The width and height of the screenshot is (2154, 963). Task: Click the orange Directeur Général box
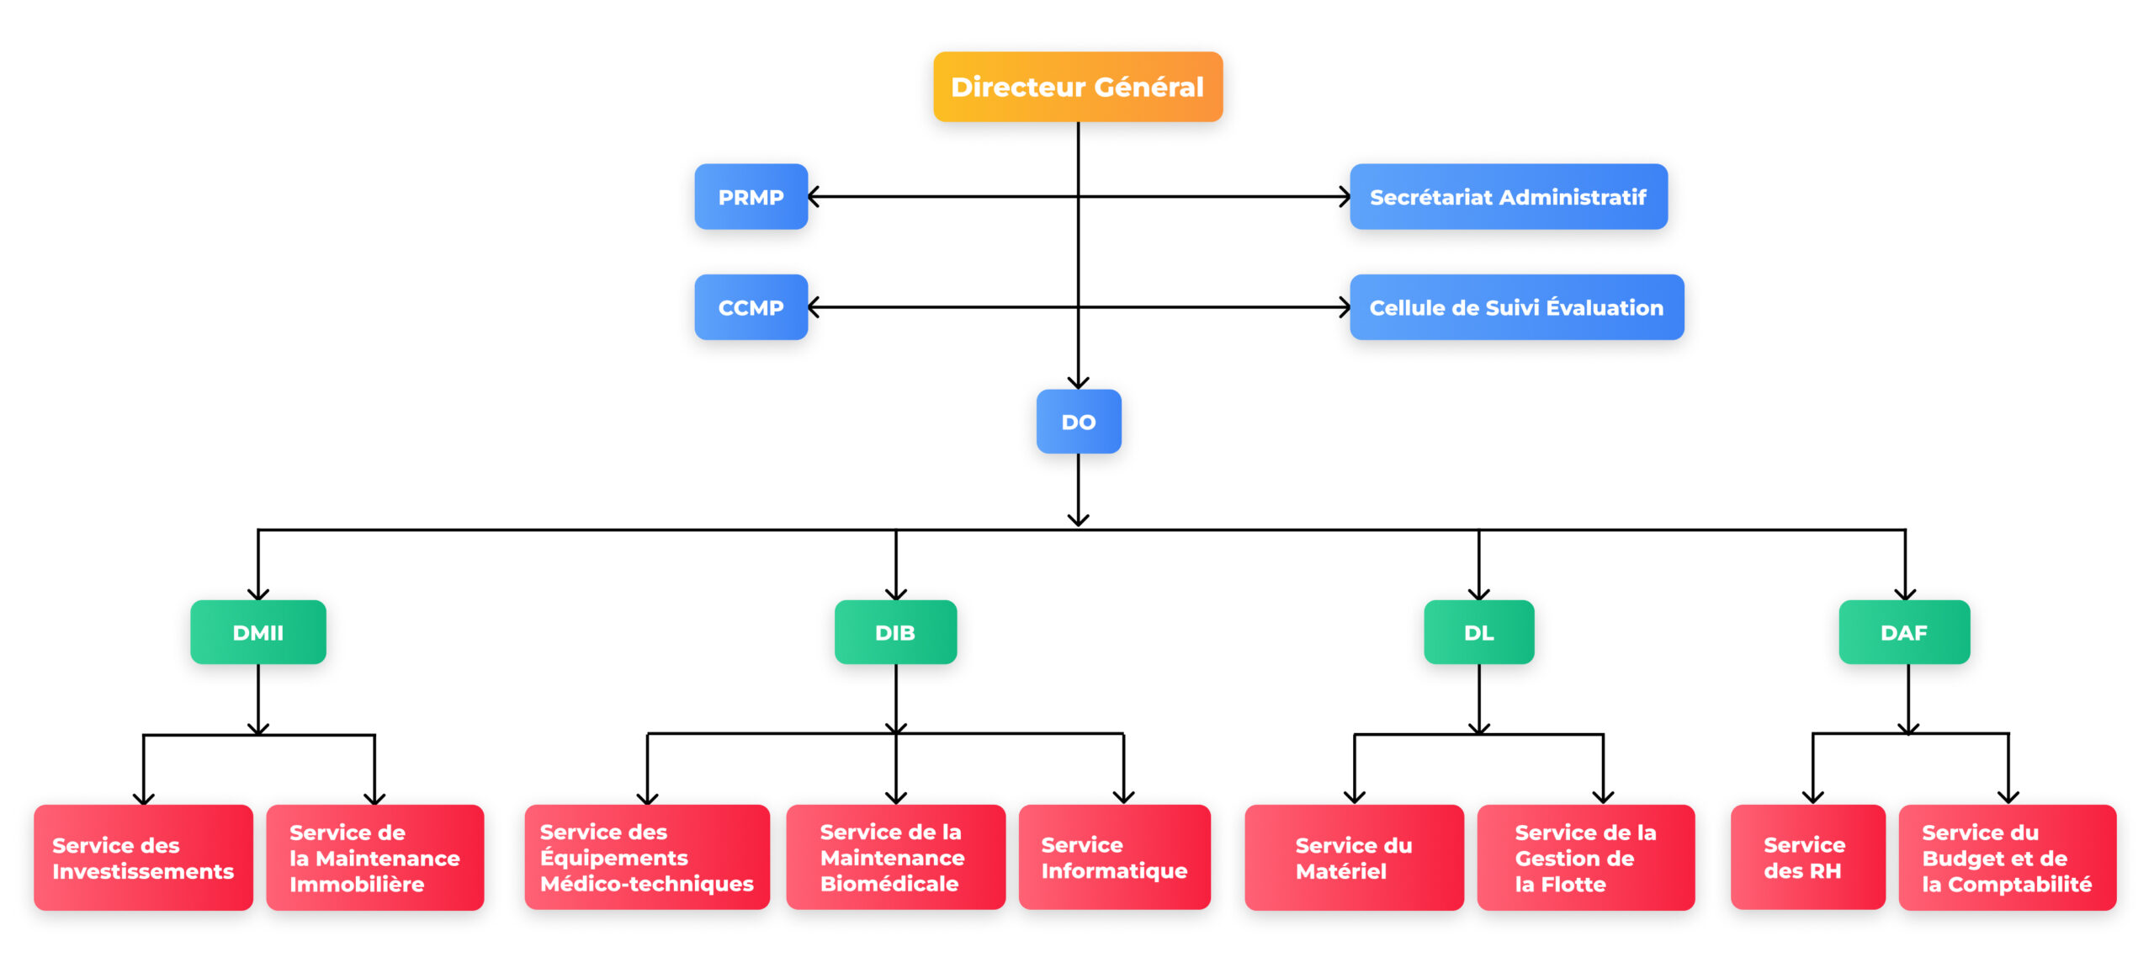pos(1077,87)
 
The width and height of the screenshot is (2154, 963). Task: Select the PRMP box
pos(751,197)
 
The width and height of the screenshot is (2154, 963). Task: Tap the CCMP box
pos(751,307)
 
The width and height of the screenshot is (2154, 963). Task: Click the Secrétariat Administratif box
pos(1508,197)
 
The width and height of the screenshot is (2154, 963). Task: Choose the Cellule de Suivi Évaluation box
pos(1516,307)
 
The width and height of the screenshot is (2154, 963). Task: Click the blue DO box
pos(1078,422)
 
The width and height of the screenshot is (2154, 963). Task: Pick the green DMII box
pos(257,632)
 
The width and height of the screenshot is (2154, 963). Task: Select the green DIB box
pos(895,632)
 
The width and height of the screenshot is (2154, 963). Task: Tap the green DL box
pos(1478,632)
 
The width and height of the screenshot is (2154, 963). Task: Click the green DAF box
pos(1903,632)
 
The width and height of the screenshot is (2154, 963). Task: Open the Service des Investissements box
pos(143,858)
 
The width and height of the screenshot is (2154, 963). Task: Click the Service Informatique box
pos(1114,858)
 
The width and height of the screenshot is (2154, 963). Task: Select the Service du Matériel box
pos(1353,858)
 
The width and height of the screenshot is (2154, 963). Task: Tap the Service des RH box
pos(1806,858)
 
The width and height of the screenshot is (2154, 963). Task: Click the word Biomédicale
pos(889,884)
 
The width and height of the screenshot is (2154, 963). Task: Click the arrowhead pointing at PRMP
pos(814,197)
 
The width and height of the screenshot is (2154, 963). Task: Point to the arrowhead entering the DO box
pos(1078,382)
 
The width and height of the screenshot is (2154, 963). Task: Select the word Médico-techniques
pos(646,884)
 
